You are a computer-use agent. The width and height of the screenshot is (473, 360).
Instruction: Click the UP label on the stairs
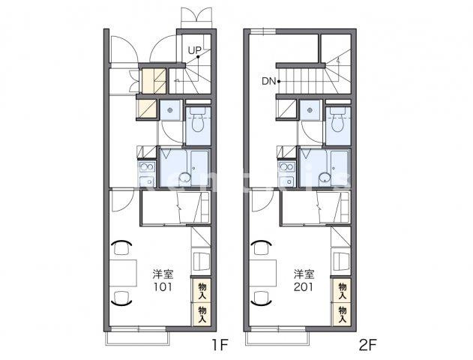[x=194, y=50]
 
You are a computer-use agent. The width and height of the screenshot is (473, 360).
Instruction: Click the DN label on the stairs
[x=268, y=81]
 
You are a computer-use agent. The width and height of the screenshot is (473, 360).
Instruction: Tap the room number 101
[x=163, y=287]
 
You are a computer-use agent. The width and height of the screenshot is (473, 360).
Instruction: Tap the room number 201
[x=304, y=287]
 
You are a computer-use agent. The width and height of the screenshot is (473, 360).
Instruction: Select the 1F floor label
[x=220, y=345]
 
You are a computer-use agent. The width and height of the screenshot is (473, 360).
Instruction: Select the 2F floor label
[x=368, y=345]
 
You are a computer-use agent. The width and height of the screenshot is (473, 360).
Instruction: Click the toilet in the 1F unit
[x=198, y=120]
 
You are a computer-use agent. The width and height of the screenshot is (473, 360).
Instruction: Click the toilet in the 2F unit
[x=338, y=120]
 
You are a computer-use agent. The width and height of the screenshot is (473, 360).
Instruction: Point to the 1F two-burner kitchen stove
[x=147, y=166]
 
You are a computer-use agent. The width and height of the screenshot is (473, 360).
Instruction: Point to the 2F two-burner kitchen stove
[x=287, y=166]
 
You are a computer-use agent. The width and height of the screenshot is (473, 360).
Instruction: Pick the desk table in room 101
[x=123, y=273]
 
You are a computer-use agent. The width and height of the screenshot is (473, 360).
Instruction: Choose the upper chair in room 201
[x=261, y=247]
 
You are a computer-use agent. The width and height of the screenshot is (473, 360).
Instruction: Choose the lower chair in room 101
[x=121, y=298]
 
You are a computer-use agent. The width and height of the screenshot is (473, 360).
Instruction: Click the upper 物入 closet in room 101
[x=202, y=291]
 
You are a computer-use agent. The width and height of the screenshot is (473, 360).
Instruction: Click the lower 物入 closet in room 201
[x=342, y=314]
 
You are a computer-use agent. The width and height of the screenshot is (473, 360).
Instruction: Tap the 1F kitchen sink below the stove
[x=147, y=181]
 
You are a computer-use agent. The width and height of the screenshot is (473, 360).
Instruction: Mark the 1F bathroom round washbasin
[x=184, y=178]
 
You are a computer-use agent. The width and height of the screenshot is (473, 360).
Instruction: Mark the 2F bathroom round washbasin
[x=325, y=178]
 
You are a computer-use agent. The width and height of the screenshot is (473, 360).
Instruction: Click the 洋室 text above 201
[x=304, y=274]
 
